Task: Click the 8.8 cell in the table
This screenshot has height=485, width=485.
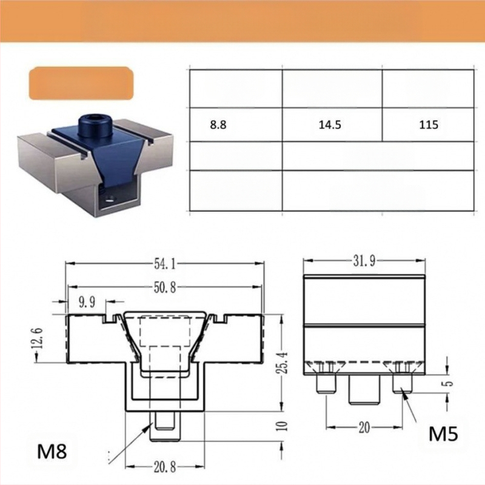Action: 218,125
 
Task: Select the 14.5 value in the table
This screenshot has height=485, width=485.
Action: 330,125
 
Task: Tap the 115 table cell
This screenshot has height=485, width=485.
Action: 429,125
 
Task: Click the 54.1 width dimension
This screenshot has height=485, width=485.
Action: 164,264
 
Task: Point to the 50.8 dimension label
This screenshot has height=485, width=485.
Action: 164,287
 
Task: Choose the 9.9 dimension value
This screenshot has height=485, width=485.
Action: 87,302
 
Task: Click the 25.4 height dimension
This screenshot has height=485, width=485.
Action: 282,363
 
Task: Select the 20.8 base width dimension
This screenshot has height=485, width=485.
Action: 165,467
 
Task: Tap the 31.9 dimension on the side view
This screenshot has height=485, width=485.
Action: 364,261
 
